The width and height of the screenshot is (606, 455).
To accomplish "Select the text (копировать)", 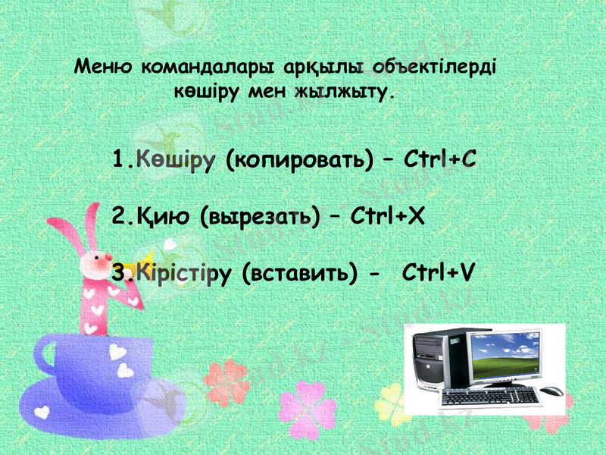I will click(300, 161).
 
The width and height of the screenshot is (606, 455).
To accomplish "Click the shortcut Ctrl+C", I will click(440, 161).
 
